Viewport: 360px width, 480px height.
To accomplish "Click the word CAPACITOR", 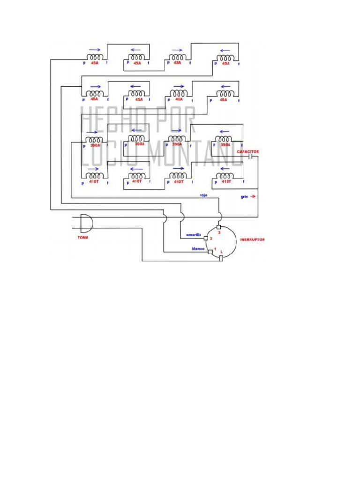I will click(247, 152).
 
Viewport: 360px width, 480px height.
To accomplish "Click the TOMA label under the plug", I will click(83, 238).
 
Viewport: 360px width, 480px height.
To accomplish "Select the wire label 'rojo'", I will click(203, 195).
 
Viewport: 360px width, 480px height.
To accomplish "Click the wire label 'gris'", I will click(244, 197).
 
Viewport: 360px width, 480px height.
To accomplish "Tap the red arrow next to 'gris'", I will click(253, 197).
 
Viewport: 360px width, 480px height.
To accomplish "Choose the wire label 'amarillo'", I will click(194, 234).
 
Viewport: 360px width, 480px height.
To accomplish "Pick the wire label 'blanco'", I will click(197, 249).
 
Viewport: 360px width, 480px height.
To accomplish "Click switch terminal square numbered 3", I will click(218, 227).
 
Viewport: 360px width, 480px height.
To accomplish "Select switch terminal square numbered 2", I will click(205, 238).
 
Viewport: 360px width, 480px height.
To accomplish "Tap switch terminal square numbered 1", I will click(210, 252).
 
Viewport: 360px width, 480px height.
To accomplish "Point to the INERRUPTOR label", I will click(252, 240).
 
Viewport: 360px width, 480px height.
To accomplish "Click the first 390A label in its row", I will click(95, 145).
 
